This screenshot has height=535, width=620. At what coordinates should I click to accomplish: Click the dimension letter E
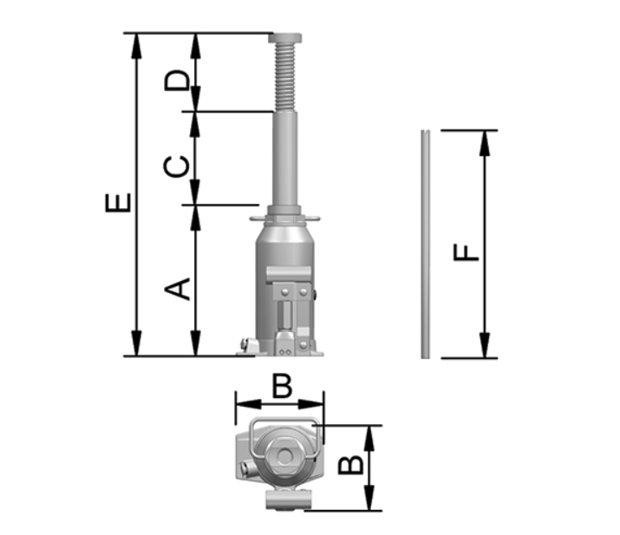point(118,203)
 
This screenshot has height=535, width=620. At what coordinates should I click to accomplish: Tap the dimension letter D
point(177,81)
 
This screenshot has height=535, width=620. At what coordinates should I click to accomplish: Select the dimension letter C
point(176,166)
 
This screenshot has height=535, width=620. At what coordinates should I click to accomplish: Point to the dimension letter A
point(177,289)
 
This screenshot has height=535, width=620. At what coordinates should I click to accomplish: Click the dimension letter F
point(466,253)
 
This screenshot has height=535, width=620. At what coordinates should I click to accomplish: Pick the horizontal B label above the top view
point(283,386)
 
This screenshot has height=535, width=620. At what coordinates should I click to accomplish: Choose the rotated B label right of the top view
point(350,465)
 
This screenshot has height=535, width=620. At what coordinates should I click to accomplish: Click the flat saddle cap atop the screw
point(285,38)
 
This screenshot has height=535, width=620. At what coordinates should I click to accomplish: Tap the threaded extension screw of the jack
point(285,77)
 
